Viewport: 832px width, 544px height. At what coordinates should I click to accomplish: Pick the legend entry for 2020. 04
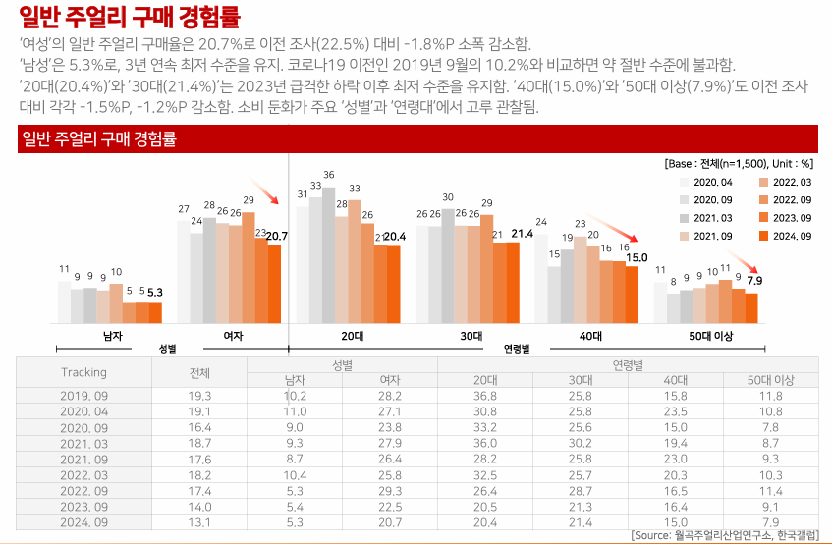tap(712, 183)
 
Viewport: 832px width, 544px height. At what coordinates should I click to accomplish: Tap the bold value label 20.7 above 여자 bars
tap(276, 236)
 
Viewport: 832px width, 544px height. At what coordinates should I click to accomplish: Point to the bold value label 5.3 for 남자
tap(154, 293)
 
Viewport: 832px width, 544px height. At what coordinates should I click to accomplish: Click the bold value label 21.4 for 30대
tap(522, 234)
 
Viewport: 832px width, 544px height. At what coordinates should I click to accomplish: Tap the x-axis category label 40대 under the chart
tap(590, 336)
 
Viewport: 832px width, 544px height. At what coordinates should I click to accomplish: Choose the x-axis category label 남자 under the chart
tap(113, 336)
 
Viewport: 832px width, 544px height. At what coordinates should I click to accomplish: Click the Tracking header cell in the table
tap(83, 372)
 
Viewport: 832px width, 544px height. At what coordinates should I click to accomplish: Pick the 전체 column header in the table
tap(200, 372)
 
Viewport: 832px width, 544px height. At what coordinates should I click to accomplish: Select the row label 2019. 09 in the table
tap(83, 395)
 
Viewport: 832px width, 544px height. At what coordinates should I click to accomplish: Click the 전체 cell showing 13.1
tap(200, 521)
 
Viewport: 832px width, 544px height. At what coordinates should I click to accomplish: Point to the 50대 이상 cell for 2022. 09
tap(770, 490)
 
